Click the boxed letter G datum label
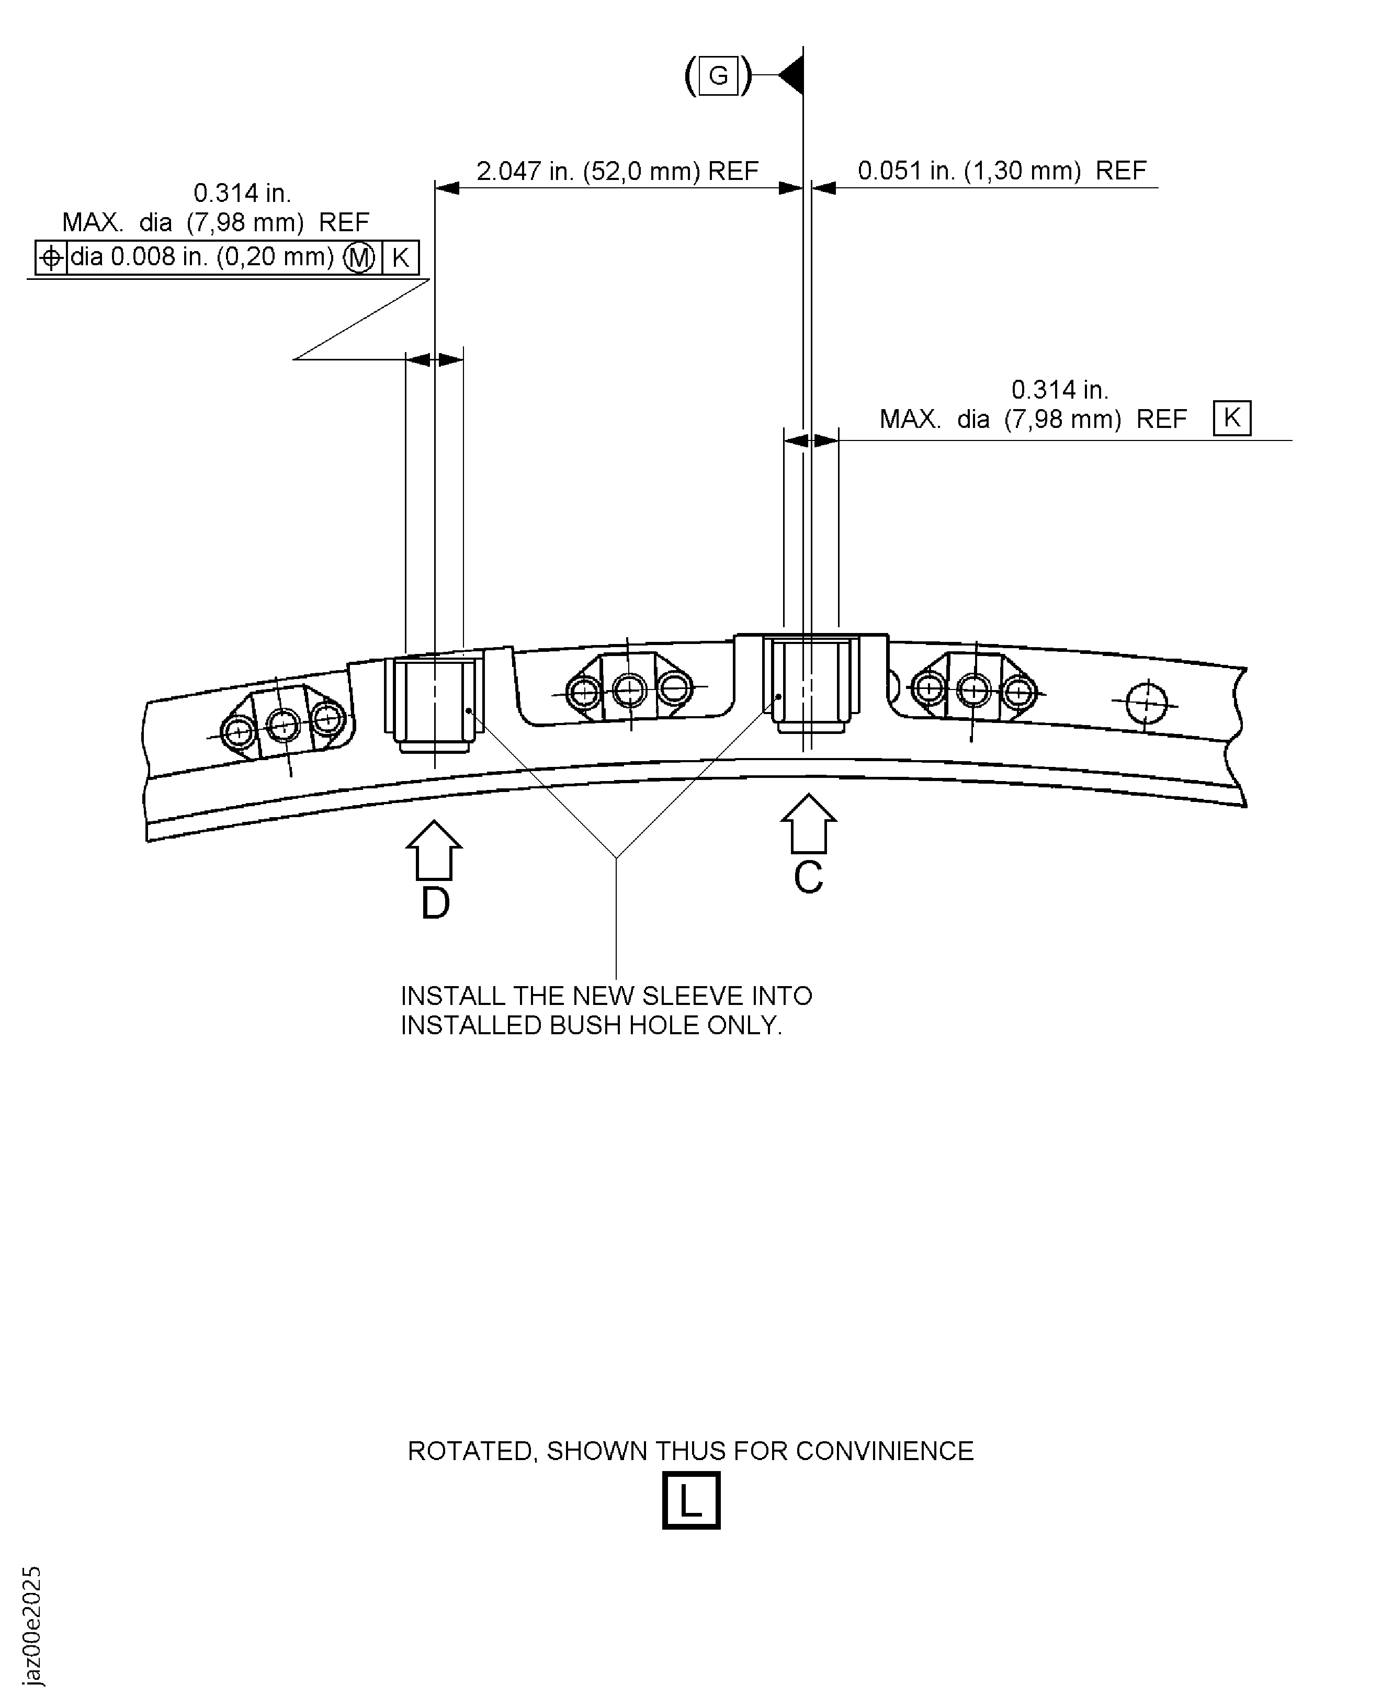pyautogui.click(x=718, y=76)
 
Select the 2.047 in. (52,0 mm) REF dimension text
pyautogui.click(x=617, y=171)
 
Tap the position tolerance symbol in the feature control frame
pyautogui.click(x=51, y=257)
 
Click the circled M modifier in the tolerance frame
pyautogui.click(x=359, y=257)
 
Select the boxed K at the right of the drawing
pyautogui.click(x=1232, y=418)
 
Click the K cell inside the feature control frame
pyautogui.click(x=400, y=257)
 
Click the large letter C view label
pyautogui.click(x=808, y=878)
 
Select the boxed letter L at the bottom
pyautogui.click(x=691, y=1501)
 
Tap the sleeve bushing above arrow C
pyautogui.click(x=809, y=682)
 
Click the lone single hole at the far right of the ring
pyautogui.click(x=1146, y=704)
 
